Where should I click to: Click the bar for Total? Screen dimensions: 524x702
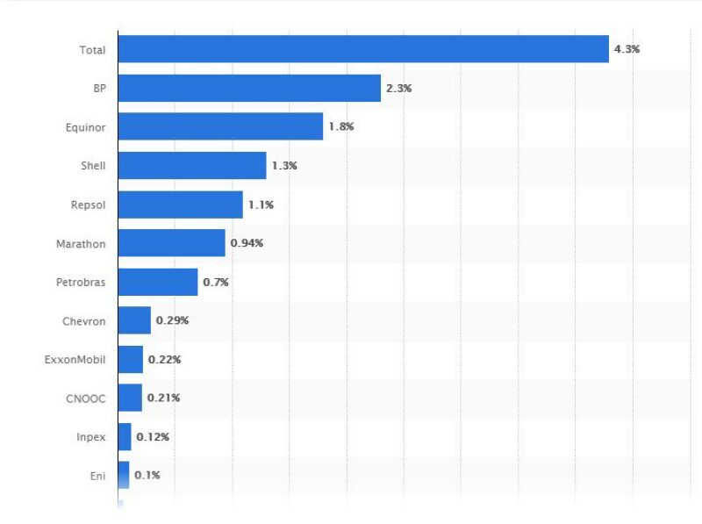click(362, 49)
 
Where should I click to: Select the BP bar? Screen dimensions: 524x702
click(249, 88)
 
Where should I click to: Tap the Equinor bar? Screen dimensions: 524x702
click(220, 126)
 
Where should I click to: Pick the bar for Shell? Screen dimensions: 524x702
click(191, 165)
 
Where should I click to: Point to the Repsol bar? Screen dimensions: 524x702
click(180, 205)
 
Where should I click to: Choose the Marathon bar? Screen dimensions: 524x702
click(171, 243)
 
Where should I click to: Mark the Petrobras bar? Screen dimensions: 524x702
click(157, 282)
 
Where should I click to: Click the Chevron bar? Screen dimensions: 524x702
click(134, 320)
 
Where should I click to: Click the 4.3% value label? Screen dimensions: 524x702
click(627, 49)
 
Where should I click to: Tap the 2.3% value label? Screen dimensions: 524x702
click(398, 89)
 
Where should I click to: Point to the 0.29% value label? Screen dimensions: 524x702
click(172, 320)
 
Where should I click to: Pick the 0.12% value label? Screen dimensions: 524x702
click(153, 436)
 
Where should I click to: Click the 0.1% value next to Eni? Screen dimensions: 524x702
click(147, 475)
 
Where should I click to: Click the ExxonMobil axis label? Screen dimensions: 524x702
click(75, 359)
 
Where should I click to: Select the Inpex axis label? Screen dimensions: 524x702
click(90, 436)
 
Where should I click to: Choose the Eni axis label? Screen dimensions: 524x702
click(97, 475)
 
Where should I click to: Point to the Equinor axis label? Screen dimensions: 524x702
click(85, 127)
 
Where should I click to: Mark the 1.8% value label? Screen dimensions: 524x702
click(340, 127)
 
